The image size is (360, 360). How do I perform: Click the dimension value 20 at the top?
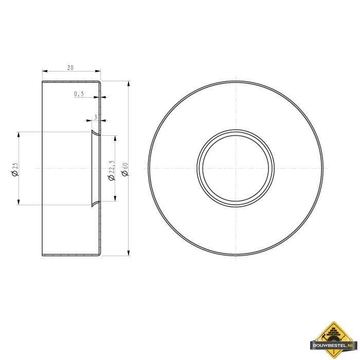click(x=70, y=67)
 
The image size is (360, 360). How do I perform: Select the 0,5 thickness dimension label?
click(x=79, y=94)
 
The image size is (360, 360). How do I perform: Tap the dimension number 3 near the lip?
click(x=95, y=117)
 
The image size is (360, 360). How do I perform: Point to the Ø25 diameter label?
click(x=15, y=169)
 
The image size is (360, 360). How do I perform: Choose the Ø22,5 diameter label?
click(x=111, y=170)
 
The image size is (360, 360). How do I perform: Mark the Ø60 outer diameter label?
click(x=124, y=169)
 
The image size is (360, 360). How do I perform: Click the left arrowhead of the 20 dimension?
click(x=44, y=71)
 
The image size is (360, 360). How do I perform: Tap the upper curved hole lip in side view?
click(x=95, y=134)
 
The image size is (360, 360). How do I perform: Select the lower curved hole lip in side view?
click(x=95, y=203)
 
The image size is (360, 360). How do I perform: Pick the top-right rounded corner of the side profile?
click(x=99, y=82)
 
